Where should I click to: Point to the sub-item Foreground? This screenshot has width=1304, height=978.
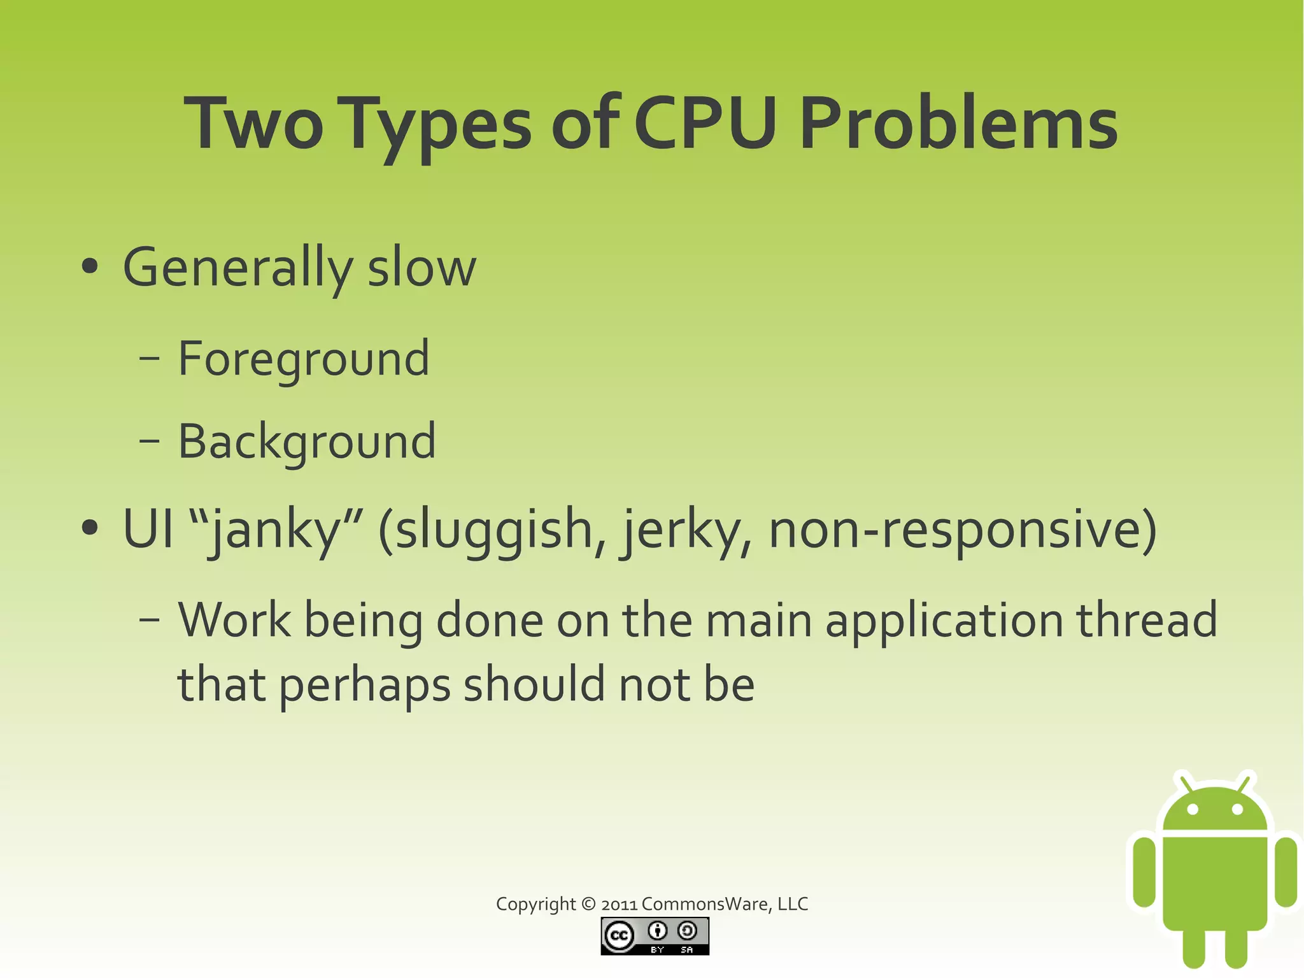click(303, 359)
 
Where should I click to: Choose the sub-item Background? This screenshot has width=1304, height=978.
click(306, 441)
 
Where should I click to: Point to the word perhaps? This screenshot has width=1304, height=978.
click(364, 685)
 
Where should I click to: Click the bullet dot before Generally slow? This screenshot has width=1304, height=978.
click(90, 267)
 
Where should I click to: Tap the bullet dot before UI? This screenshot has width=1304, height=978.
click(90, 528)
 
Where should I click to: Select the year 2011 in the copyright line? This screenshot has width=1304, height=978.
click(619, 904)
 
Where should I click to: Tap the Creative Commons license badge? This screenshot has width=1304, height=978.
click(655, 936)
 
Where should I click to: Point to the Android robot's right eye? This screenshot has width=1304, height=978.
click(1237, 810)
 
